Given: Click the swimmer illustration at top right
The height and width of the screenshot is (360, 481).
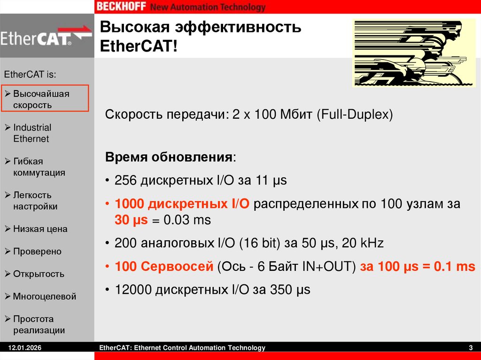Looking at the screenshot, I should coord(414,53).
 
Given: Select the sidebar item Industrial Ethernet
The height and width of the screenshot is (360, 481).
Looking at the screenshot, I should coord(31,133).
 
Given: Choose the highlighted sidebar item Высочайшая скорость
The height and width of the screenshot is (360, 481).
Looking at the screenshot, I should coord(41,99).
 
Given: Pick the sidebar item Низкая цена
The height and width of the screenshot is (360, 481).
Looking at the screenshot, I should coord(40,229).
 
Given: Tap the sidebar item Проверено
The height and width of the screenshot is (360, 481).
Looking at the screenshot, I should coord(37,252).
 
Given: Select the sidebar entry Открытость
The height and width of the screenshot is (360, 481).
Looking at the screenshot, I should coord(39,274).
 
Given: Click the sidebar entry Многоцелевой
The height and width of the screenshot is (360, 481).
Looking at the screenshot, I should coord(44,297).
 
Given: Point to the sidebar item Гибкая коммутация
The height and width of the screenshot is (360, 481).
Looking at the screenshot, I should coord(39,167).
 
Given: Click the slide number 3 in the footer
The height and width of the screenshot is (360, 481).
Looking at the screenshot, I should coord(471,348).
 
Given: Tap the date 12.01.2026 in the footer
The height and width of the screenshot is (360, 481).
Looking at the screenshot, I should coord(22,348).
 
